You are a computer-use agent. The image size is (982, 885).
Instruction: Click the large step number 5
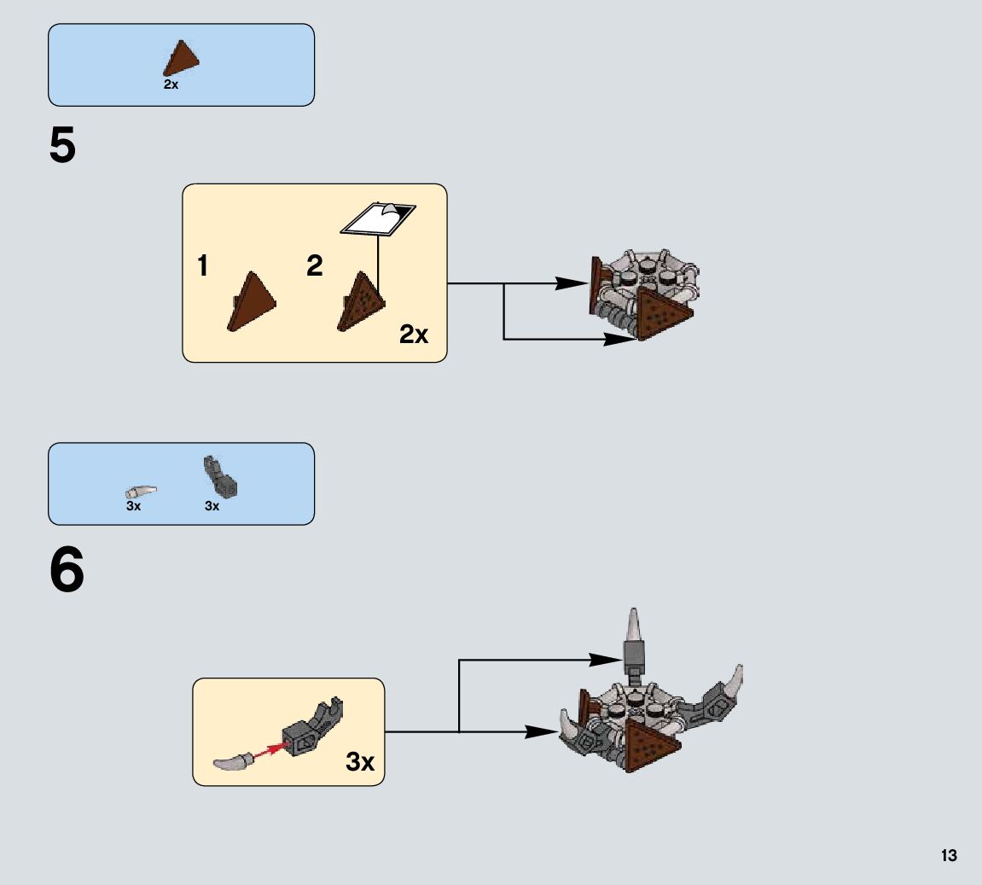[x=63, y=148]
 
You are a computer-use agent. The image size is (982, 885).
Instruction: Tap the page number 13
[x=949, y=856]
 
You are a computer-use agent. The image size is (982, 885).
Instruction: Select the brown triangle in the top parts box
[x=182, y=60]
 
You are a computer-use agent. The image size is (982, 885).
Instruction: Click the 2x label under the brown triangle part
[x=171, y=85]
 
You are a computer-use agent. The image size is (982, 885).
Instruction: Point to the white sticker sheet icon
[x=377, y=218]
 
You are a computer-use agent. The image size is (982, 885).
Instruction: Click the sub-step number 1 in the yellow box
[x=202, y=267]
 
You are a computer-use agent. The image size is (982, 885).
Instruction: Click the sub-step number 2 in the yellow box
[x=315, y=266]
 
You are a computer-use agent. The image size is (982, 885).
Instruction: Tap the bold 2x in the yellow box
[x=414, y=335]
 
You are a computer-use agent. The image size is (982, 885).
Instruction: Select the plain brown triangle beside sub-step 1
[x=253, y=300]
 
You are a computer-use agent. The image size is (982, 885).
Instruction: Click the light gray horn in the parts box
[x=141, y=492]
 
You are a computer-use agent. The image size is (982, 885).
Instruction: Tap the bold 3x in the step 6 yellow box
[x=360, y=761]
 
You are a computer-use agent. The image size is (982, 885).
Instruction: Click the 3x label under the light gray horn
[x=133, y=506]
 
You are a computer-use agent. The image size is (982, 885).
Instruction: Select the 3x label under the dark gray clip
[x=212, y=506]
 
